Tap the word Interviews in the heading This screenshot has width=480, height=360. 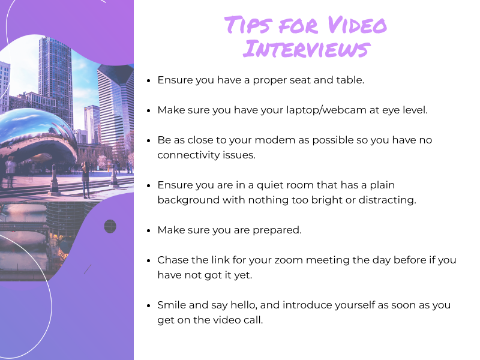point(307,49)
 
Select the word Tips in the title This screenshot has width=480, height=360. point(248,25)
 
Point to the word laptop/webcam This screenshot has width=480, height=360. point(326,110)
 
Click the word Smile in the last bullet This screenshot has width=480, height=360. point(172,305)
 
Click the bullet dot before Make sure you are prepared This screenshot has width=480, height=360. point(149,230)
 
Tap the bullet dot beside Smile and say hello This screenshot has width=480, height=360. point(149,305)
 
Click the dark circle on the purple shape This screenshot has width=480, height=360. point(110,226)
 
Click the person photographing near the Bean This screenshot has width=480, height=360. point(85,180)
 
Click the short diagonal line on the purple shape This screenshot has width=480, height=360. point(88,269)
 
